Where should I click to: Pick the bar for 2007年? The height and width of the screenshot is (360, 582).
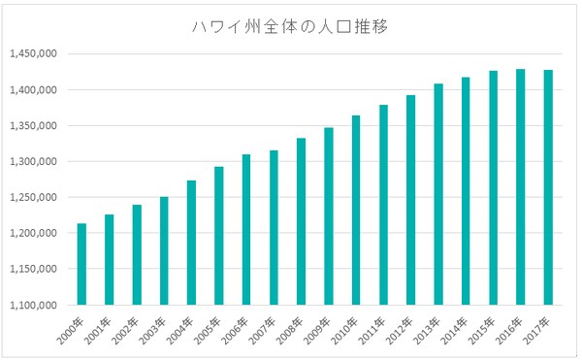point(274,227)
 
